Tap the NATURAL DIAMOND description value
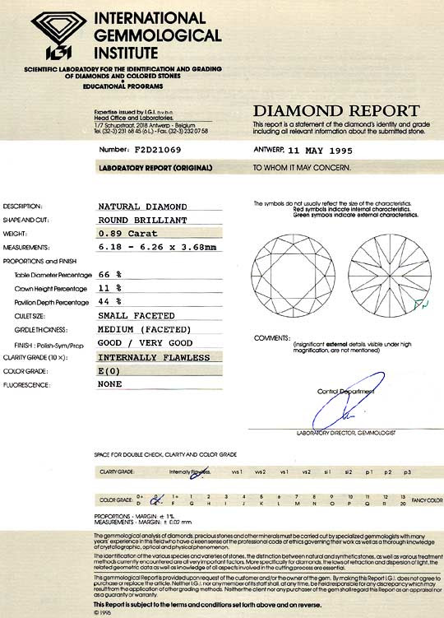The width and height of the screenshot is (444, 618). [x=143, y=207]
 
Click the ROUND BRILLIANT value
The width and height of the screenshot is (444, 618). [x=143, y=221]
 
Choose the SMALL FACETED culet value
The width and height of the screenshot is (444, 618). [x=136, y=316]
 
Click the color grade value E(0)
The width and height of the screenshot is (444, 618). [x=112, y=371]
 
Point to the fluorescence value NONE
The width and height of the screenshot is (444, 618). [x=110, y=383]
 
